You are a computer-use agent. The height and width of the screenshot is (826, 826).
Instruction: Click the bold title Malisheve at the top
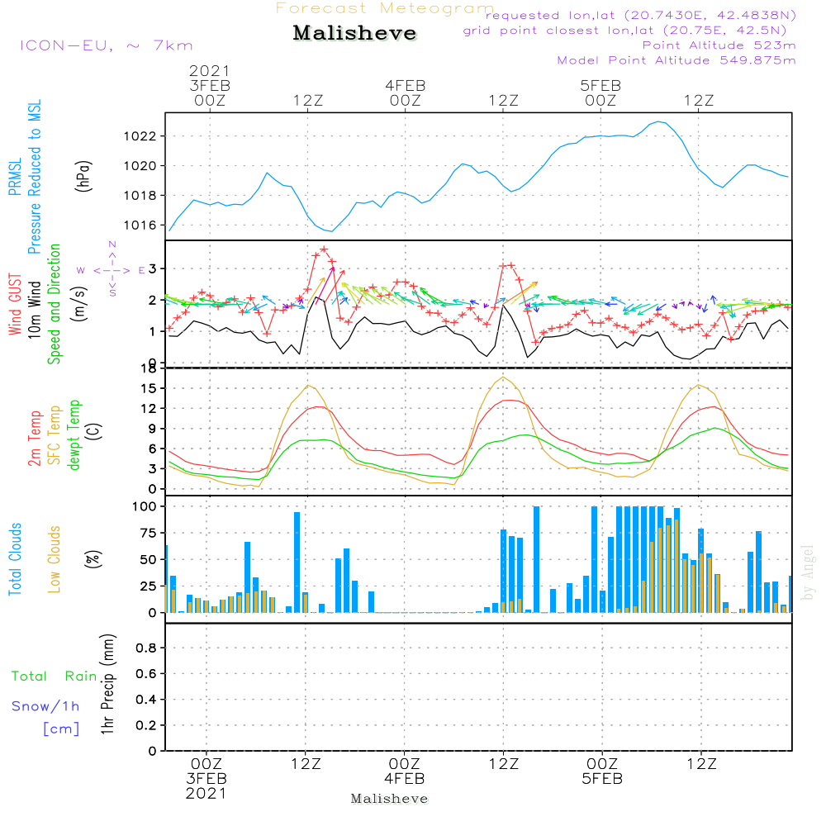354,33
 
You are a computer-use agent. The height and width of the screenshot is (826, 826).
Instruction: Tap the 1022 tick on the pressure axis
140,136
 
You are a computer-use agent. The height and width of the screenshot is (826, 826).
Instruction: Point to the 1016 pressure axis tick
140,225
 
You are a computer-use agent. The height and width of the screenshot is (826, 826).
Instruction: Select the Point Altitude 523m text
719,45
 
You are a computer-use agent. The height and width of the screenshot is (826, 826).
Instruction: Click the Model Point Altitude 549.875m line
676,60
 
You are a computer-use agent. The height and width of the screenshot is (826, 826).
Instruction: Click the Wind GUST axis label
15,304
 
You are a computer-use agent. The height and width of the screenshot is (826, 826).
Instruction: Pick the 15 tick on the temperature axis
149,388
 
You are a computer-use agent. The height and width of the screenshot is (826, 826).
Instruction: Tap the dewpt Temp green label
74,434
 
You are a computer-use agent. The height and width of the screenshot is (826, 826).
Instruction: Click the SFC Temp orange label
55,435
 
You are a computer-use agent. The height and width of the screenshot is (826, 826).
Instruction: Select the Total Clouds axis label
15,559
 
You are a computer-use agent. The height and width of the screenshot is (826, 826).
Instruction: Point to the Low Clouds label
55,559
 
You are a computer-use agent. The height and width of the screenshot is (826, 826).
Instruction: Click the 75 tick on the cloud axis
149,533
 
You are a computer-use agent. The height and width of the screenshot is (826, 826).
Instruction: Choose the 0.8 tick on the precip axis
146,648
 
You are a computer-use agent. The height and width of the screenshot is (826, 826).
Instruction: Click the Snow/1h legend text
45,706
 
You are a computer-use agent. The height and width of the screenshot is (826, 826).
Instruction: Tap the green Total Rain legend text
55,676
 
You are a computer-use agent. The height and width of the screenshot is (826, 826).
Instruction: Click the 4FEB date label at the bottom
404,779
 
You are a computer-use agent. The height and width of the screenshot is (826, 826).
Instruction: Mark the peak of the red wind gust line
324,249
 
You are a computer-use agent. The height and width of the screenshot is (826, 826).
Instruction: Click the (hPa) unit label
83,176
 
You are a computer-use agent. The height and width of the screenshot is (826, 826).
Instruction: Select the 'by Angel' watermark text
808,572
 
